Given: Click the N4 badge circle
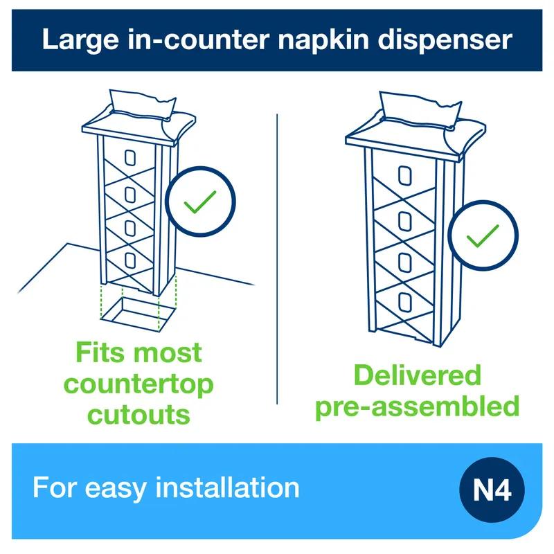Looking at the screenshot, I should click(492, 491).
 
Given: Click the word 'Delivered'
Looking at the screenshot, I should click(417, 375).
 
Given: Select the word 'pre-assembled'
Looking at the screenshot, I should click(417, 406).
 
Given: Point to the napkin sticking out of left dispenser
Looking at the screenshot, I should click(138, 102).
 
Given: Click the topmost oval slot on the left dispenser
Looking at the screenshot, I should click(129, 157).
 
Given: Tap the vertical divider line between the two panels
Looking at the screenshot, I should click(277, 256).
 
